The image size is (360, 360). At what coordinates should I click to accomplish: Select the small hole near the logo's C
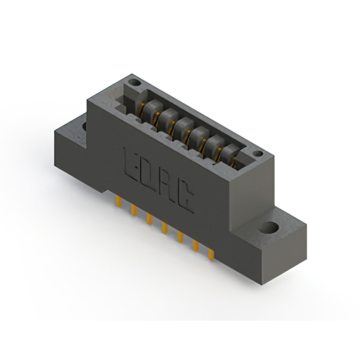coord(257,154)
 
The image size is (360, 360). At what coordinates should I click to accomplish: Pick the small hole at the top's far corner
coord(134,83)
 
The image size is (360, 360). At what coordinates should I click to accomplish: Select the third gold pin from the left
coord(150,219)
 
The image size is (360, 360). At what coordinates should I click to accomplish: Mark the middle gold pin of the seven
coord(165,228)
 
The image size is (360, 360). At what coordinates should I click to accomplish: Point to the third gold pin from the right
coord(180,237)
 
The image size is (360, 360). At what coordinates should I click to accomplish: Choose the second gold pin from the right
coord(196,245)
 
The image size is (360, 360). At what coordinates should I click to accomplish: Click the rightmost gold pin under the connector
coord(211,254)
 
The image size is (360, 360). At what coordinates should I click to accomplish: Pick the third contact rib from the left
coord(181,128)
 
